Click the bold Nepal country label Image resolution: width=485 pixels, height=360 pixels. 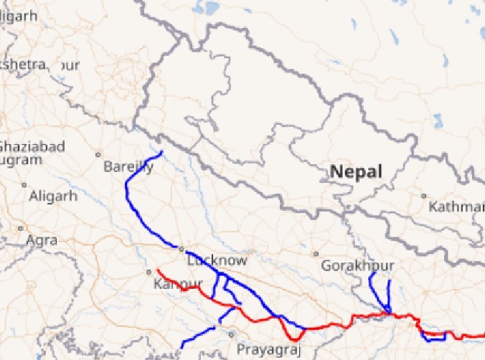click(x=356, y=172)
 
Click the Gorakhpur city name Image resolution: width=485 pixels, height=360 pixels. click(x=357, y=266)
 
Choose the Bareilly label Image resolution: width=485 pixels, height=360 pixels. click(x=128, y=167)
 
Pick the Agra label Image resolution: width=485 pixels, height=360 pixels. click(x=42, y=240)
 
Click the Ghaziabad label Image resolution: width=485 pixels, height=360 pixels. click(x=32, y=146)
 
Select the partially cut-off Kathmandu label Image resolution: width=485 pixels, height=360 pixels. click(x=456, y=207)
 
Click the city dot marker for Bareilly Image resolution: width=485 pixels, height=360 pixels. click(x=98, y=154)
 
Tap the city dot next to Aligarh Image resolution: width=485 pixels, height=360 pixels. click(x=24, y=185)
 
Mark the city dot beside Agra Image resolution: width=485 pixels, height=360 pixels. click(x=20, y=229)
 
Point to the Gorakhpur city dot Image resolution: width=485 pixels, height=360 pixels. click(x=316, y=254)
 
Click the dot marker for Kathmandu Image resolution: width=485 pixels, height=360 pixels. click(x=423, y=196)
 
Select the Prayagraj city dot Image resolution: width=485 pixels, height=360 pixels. click(x=231, y=334)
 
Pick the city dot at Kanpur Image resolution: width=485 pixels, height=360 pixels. click(x=149, y=272)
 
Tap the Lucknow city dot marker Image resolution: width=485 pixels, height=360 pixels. click(x=181, y=249)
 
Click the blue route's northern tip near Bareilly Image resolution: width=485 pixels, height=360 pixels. click(x=162, y=152)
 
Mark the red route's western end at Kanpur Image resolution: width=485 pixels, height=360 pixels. click(x=157, y=270)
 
